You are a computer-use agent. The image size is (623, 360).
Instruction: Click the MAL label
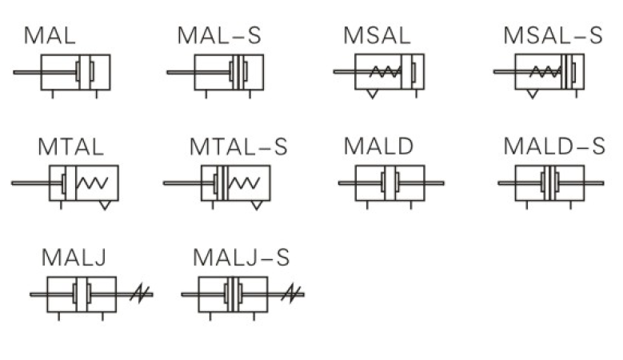coord(50,35)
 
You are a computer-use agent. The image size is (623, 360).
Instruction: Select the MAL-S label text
coord(219,35)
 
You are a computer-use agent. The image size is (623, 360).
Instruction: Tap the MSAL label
coord(377,35)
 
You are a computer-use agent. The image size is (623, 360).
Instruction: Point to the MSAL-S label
coord(553,35)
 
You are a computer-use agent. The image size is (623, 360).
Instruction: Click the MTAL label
coord(70,146)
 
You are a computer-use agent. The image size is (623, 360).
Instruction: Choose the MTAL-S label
coord(238,146)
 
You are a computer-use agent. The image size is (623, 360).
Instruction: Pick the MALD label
coord(378,146)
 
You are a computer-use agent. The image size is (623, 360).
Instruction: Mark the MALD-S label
coord(554,146)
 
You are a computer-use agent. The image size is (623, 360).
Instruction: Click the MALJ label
coord(74,257)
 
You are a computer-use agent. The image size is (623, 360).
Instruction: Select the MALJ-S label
coord(242,257)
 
